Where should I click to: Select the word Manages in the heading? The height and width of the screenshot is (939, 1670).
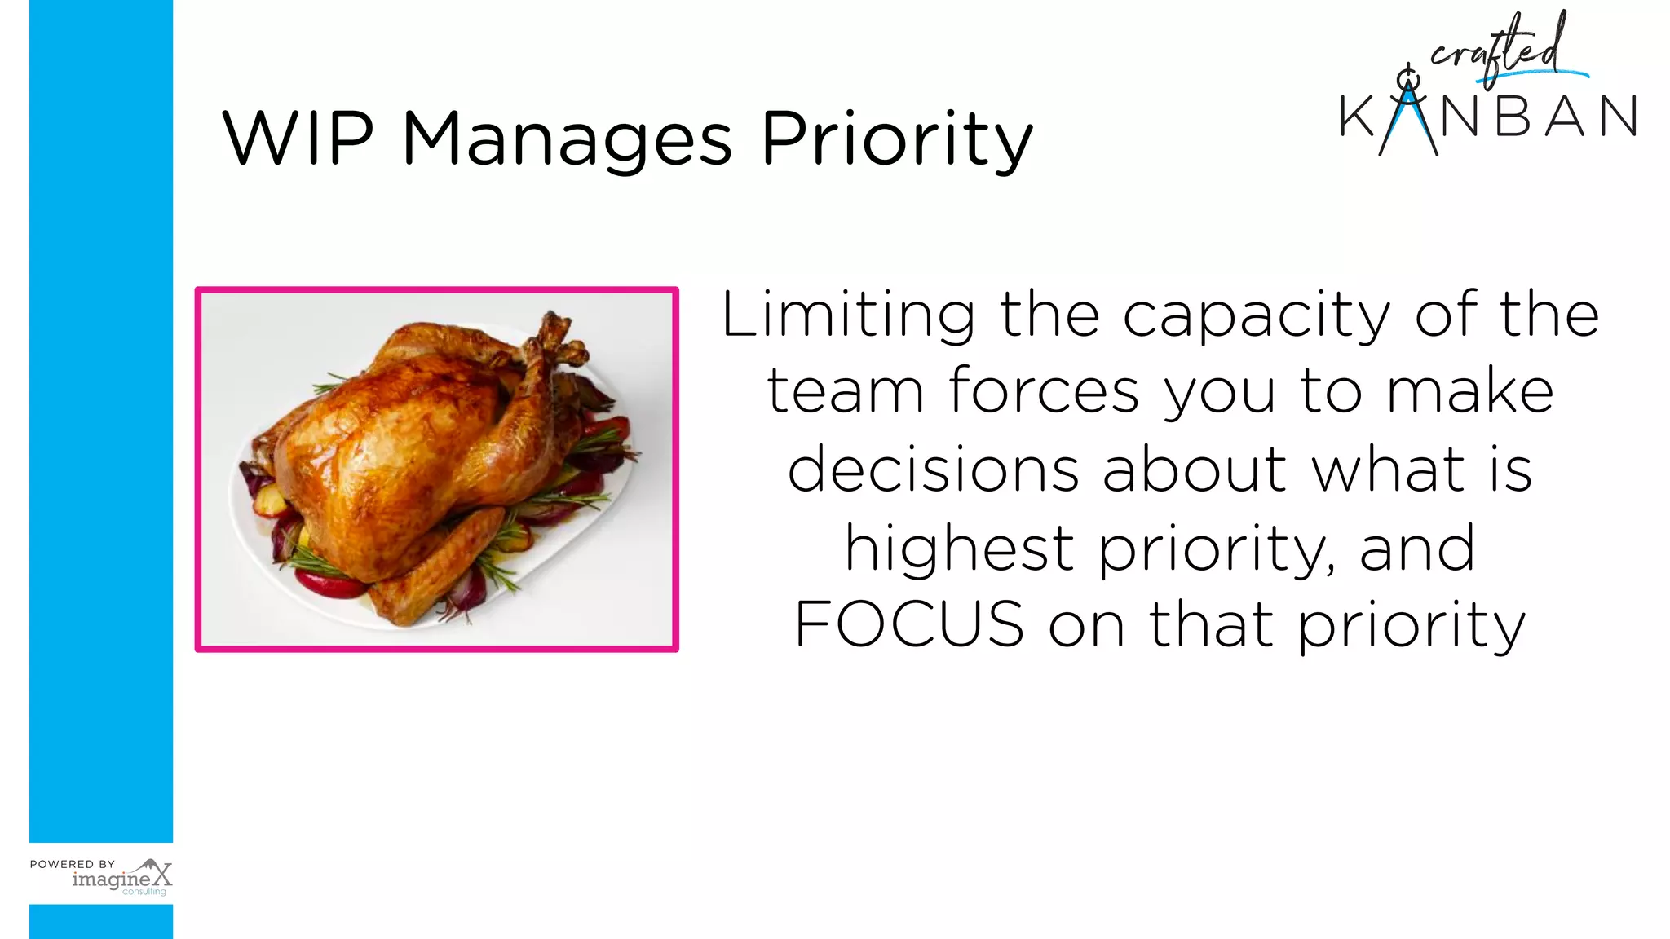point(567,140)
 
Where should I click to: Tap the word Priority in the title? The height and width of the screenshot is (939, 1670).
point(896,140)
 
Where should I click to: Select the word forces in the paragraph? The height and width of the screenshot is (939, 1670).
point(1044,391)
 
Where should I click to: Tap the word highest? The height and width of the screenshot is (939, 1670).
point(959,549)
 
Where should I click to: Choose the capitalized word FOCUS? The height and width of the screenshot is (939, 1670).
point(909,624)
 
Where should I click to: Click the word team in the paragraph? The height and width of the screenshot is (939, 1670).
point(845,391)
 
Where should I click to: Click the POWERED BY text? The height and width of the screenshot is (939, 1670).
point(73,864)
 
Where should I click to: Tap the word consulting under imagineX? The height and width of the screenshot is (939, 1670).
point(144,892)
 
